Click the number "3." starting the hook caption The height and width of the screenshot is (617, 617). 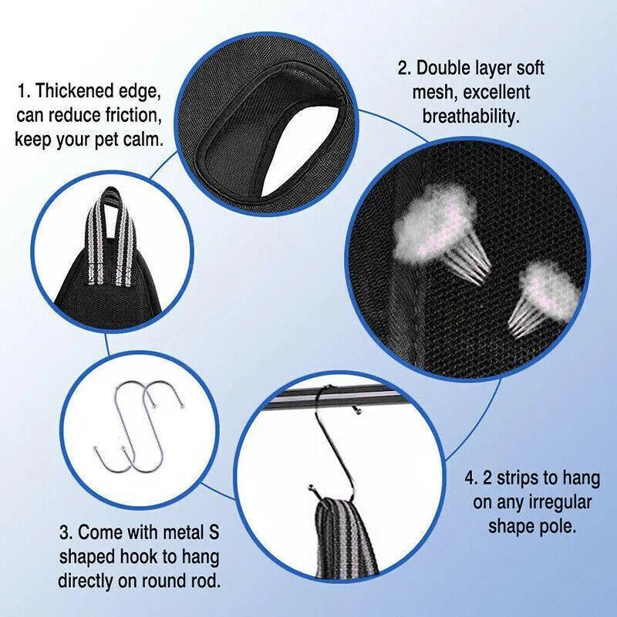coord(66,532)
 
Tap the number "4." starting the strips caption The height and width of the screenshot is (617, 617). coord(472,478)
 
